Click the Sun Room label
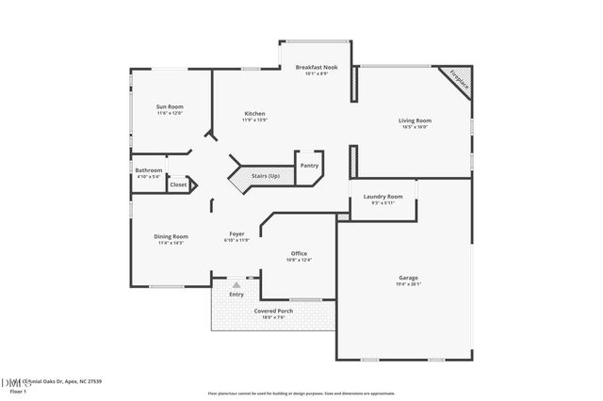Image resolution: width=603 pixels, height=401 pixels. tap(170, 107)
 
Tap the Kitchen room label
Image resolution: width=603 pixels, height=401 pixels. tap(254, 113)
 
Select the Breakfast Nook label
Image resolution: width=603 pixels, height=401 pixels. tap(316, 68)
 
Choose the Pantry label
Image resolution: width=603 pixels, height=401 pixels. tap(309, 166)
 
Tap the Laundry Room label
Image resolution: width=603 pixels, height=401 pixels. tap(383, 197)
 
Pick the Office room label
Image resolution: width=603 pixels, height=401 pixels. tap(299, 253)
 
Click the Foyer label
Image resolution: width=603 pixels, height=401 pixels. tap(237, 233)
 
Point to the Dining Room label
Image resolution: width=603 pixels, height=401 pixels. tap(171, 236)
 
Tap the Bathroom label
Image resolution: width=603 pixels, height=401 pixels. tap(149, 170)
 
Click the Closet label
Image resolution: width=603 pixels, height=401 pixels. tap(178, 185)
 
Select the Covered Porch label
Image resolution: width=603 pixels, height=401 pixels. tap(273, 311)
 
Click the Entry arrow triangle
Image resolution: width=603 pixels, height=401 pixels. tap(236, 284)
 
